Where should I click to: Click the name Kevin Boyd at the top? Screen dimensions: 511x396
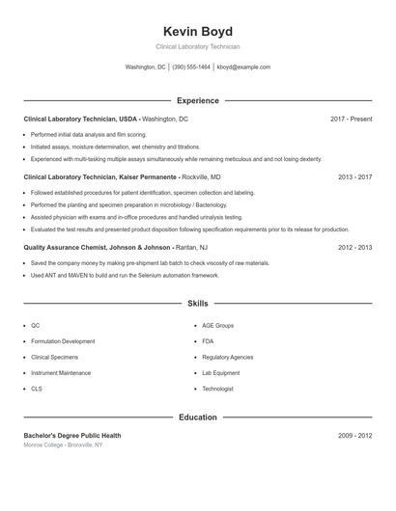(x=198, y=31)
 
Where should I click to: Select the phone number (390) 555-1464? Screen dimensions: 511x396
(x=191, y=67)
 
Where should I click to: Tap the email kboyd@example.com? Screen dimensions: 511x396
(x=243, y=67)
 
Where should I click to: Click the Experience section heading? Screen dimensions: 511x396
(x=198, y=100)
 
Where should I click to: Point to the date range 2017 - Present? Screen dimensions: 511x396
(x=351, y=119)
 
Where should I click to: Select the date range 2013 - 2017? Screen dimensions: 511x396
(x=354, y=177)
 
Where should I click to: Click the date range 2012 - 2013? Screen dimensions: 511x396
(x=354, y=247)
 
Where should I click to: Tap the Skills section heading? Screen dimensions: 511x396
(x=198, y=303)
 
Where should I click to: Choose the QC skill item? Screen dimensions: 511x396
(x=36, y=326)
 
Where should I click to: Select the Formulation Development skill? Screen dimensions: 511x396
(x=63, y=341)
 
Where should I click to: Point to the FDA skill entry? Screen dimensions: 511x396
(x=208, y=341)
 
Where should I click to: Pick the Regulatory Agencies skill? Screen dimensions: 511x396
(x=228, y=357)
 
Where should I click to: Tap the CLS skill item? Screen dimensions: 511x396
(x=37, y=389)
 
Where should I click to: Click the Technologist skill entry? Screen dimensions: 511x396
(x=217, y=389)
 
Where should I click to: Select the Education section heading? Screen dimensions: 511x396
(x=198, y=417)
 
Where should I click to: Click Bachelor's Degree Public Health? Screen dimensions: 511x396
(x=72, y=436)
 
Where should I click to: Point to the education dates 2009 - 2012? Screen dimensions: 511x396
(x=354, y=436)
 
